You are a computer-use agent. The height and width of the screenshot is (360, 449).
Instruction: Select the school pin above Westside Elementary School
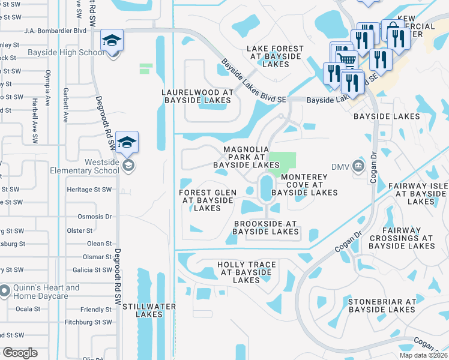(127, 143)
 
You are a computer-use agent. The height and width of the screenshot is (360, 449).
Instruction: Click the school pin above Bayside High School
(112, 40)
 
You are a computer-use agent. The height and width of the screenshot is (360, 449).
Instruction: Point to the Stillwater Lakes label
(149, 311)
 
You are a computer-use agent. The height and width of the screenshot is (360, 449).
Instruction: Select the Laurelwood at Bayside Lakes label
(200, 96)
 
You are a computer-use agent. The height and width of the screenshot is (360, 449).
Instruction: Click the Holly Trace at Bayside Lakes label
(246, 272)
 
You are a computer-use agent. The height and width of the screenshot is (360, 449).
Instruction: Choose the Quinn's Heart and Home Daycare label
(47, 292)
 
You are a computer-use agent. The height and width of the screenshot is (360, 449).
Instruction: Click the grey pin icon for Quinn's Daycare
(5, 292)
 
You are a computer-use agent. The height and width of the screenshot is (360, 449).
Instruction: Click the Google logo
(19, 353)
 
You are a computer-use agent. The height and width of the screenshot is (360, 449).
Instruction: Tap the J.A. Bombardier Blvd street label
(55, 30)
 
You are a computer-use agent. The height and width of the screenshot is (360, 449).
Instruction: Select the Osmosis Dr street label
(95, 216)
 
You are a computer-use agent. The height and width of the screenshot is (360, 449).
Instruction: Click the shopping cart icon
(346, 58)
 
